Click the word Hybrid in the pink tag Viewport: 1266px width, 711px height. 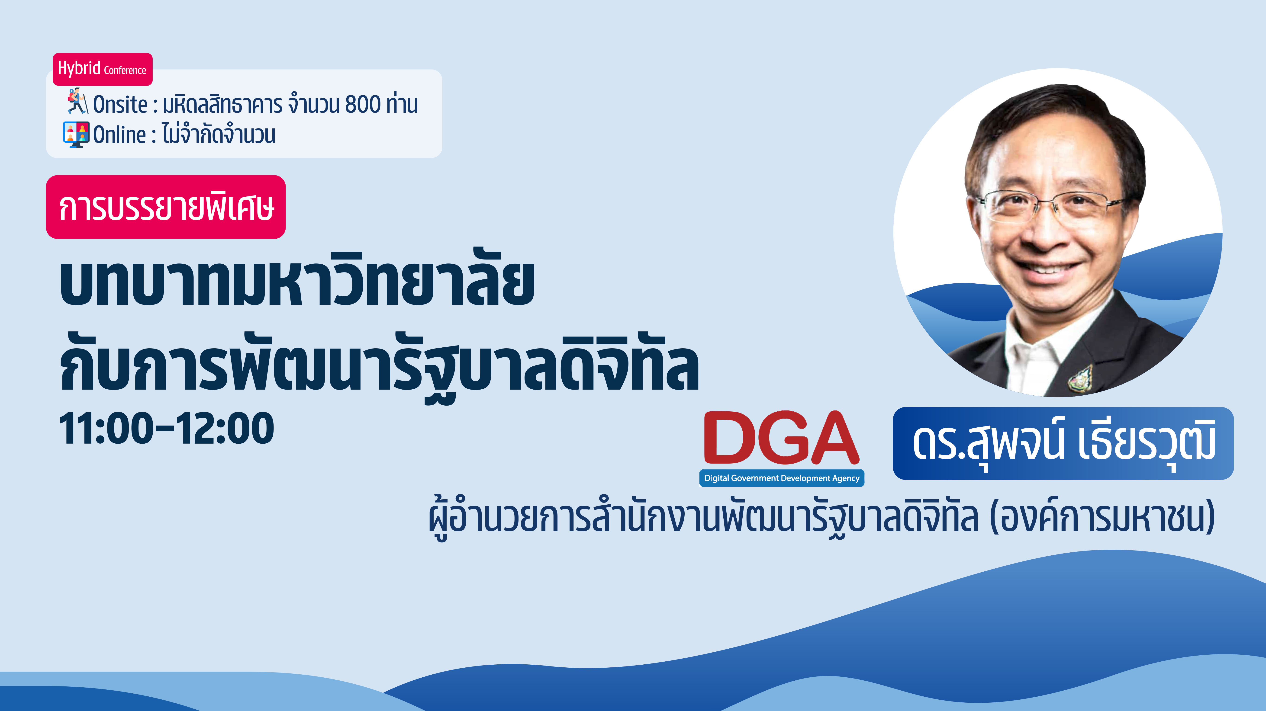pyautogui.click(x=79, y=68)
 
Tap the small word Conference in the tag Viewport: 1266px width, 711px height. pyautogui.click(x=125, y=70)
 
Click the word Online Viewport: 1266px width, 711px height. pyautogui.click(x=119, y=135)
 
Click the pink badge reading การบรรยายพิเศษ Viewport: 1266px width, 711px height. pyautogui.click(x=166, y=207)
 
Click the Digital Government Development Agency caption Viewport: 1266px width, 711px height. pyautogui.click(x=781, y=478)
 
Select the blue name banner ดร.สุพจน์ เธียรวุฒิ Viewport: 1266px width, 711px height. pyautogui.click(x=1063, y=443)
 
